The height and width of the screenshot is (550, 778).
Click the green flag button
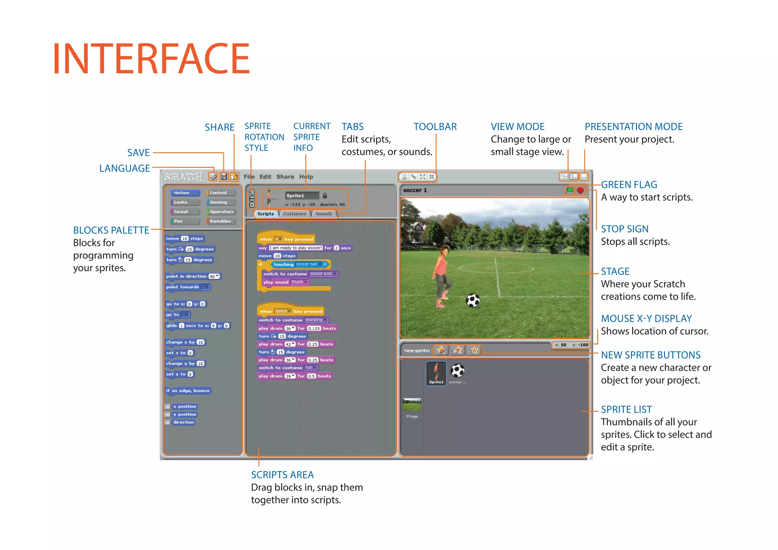tap(569, 190)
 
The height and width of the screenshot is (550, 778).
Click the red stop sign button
tap(580, 190)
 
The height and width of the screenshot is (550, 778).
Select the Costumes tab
tap(294, 214)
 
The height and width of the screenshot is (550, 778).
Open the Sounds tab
tap(324, 214)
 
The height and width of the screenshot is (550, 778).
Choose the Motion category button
tap(185, 193)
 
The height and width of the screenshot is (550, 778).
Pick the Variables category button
tap(220, 221)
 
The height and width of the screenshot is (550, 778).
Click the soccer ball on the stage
tap(473, 300)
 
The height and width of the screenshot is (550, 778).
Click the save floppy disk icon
tap(224, 177)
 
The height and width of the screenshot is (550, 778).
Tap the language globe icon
tap(213, 177)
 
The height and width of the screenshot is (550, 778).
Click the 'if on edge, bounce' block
tap(188, 390)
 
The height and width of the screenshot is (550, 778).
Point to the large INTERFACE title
tap(151, 59)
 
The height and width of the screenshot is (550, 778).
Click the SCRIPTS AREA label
tap(282, 475)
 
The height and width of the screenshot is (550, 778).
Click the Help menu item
tap(306, 177)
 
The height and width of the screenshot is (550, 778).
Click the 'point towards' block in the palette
tap(187, 287)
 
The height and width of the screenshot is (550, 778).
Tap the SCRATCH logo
tap(183, 177)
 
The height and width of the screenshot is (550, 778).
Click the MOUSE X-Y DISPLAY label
tap(646, 319)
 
